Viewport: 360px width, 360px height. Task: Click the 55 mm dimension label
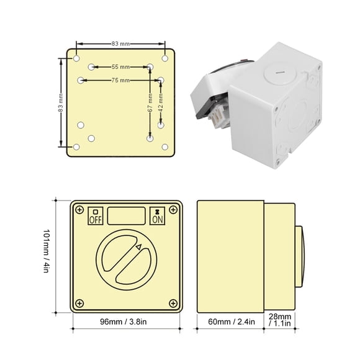click(x=121, y=67)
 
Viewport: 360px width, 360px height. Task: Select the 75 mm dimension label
click(x=121, y=80)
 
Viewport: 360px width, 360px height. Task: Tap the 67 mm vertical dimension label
click(x=150, y=102)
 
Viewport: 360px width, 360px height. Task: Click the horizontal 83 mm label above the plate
click(x=121, y=43)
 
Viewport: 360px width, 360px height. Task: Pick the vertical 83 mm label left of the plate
click(x=61, y=102)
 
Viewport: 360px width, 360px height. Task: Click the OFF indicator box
click(x=96, y=216)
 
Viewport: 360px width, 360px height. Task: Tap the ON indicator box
click(x=157, y=216)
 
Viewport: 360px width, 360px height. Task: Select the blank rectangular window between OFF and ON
click(x=126, y=216)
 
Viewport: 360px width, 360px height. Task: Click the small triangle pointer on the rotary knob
click(x=138, y=247)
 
